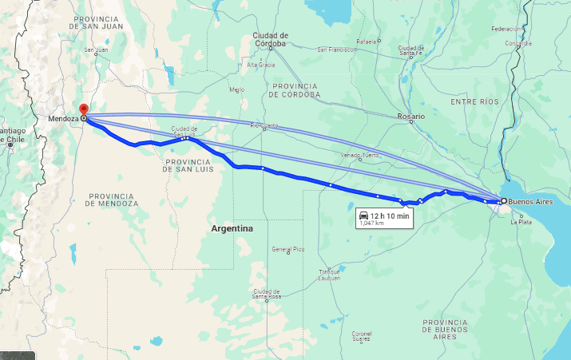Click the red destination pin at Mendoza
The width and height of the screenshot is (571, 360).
point(83,110)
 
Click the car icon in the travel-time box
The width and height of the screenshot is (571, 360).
point(364,216)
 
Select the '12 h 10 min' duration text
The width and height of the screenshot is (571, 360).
point(390,216)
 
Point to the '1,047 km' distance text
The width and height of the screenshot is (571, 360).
point(372,224)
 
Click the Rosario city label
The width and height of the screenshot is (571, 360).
point(410,117)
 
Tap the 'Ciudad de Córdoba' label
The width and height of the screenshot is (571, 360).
point(270,39)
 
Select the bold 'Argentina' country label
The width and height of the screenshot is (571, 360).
point(232,229)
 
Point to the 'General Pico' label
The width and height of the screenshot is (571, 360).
point(287,249)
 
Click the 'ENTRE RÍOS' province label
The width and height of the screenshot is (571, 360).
point(474,102)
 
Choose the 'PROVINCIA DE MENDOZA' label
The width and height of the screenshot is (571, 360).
point(113,200)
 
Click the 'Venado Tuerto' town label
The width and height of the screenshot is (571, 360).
point(360,155)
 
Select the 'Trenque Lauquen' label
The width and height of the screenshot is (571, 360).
point(329,275)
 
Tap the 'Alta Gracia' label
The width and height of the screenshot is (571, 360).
point(260,65)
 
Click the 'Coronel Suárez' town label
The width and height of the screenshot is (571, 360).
point(362,336)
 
